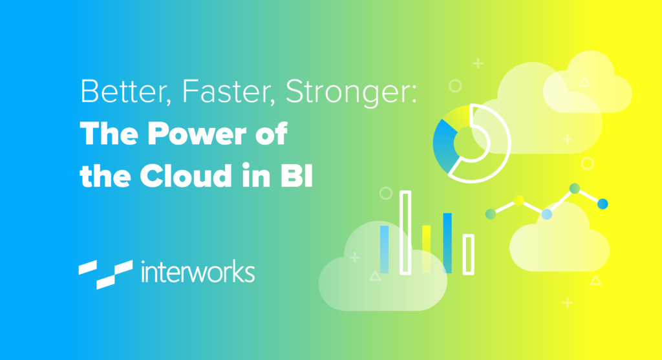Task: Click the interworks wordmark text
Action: [198, 271]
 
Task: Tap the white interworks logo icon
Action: [105, 274]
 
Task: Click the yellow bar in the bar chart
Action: [427, 249]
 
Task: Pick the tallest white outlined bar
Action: [405, 233]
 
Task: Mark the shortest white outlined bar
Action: [469, 255]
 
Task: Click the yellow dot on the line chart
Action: [519, 200]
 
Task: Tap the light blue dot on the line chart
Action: [547, 214]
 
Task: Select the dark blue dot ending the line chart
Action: [603, 204]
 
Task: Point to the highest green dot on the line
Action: [575, 188]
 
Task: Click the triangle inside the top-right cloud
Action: [584, 82]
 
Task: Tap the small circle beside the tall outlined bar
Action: [386, 193]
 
